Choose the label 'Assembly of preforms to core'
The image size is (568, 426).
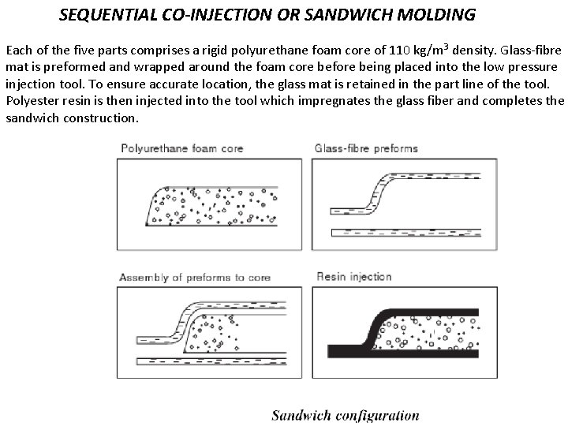(x=195, y=277)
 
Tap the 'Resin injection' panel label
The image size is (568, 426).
(x=354, y=277)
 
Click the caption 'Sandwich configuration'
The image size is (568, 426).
(x=346, y=415)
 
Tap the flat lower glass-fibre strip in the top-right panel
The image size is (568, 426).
(x=402, y=232)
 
